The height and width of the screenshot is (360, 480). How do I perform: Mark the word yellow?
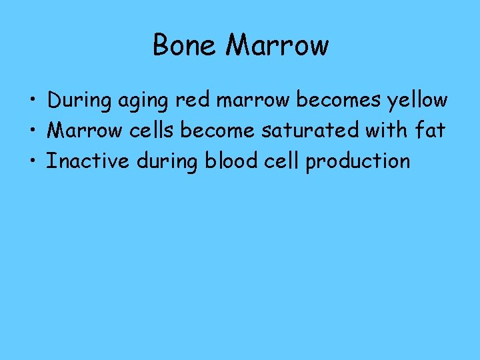coord(416,101)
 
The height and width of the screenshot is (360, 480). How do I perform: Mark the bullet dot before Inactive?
coord(32,161)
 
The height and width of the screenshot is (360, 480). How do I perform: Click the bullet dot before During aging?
coord(32,101)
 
